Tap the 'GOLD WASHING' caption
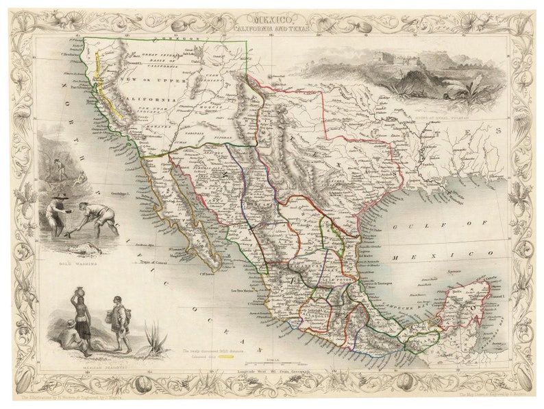(x=74, y=263)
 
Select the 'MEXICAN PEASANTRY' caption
(x=97, y=367)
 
